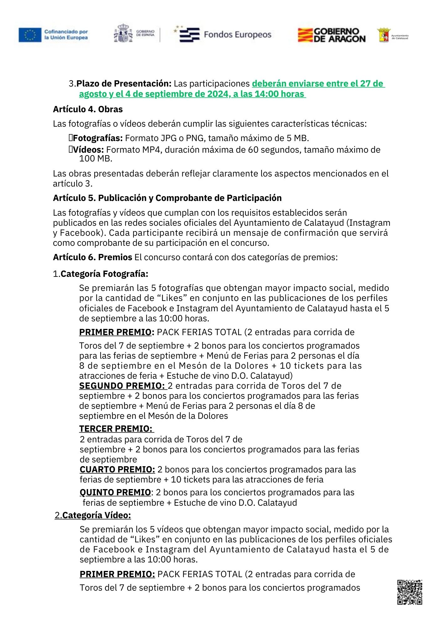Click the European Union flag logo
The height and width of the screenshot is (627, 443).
30,35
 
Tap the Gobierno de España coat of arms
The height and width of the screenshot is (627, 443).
123,33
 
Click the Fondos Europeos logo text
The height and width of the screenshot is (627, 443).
237,34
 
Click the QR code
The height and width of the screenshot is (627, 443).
409,592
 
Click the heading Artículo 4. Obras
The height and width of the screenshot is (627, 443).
88,109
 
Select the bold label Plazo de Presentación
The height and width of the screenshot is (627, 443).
124,84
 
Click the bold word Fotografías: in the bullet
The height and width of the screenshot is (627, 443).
97,138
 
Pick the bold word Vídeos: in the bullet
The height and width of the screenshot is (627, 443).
88,150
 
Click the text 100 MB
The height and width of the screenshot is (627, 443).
96,159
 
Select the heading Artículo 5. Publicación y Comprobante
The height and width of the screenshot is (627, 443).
167,198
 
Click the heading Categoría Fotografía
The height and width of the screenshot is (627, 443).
104,274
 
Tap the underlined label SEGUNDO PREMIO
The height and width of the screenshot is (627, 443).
122,386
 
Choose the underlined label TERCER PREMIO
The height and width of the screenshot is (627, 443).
116,429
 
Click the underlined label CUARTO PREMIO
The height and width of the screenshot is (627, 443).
117,469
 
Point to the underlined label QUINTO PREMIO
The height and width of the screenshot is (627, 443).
115,492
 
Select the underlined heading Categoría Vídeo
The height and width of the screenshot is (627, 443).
96,515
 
